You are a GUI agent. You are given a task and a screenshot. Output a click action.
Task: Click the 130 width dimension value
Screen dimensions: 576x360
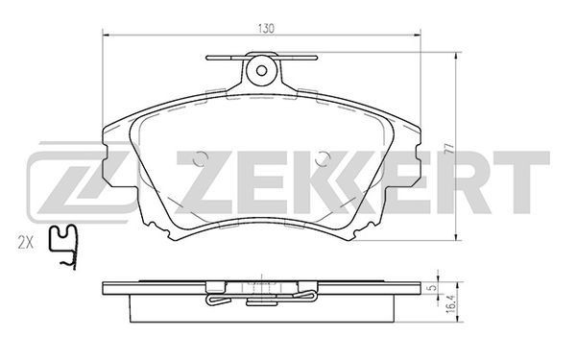click(x=266, y=29)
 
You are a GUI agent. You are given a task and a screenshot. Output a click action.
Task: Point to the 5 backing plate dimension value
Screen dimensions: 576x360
click(x=434, y=288)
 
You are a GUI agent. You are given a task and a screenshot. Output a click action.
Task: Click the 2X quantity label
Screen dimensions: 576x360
click(x=26, y=243)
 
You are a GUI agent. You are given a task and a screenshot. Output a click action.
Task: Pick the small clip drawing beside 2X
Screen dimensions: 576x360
click(x=64, y=247)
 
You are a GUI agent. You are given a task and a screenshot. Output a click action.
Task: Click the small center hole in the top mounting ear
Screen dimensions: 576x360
click(x=261, y=70)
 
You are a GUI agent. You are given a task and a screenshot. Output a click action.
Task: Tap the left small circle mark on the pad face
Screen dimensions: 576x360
click(x=201, y=158)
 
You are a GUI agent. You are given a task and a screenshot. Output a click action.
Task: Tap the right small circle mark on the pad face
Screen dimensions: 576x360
click(x=323, y=158)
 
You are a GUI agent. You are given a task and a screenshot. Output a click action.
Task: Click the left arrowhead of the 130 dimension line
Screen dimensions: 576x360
click(x=106, y=36)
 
